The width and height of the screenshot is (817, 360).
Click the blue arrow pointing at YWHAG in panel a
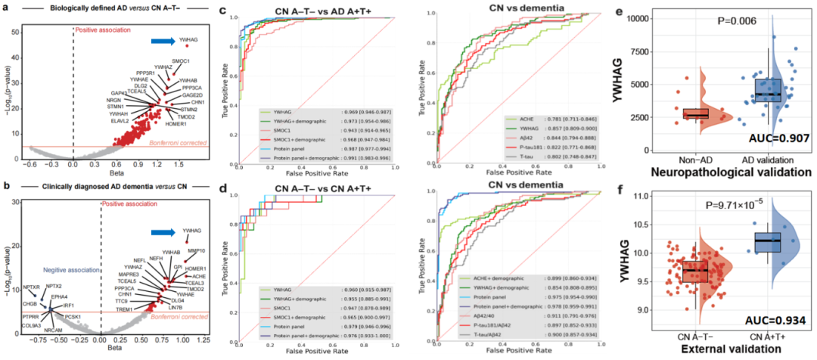tap(161, 42)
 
